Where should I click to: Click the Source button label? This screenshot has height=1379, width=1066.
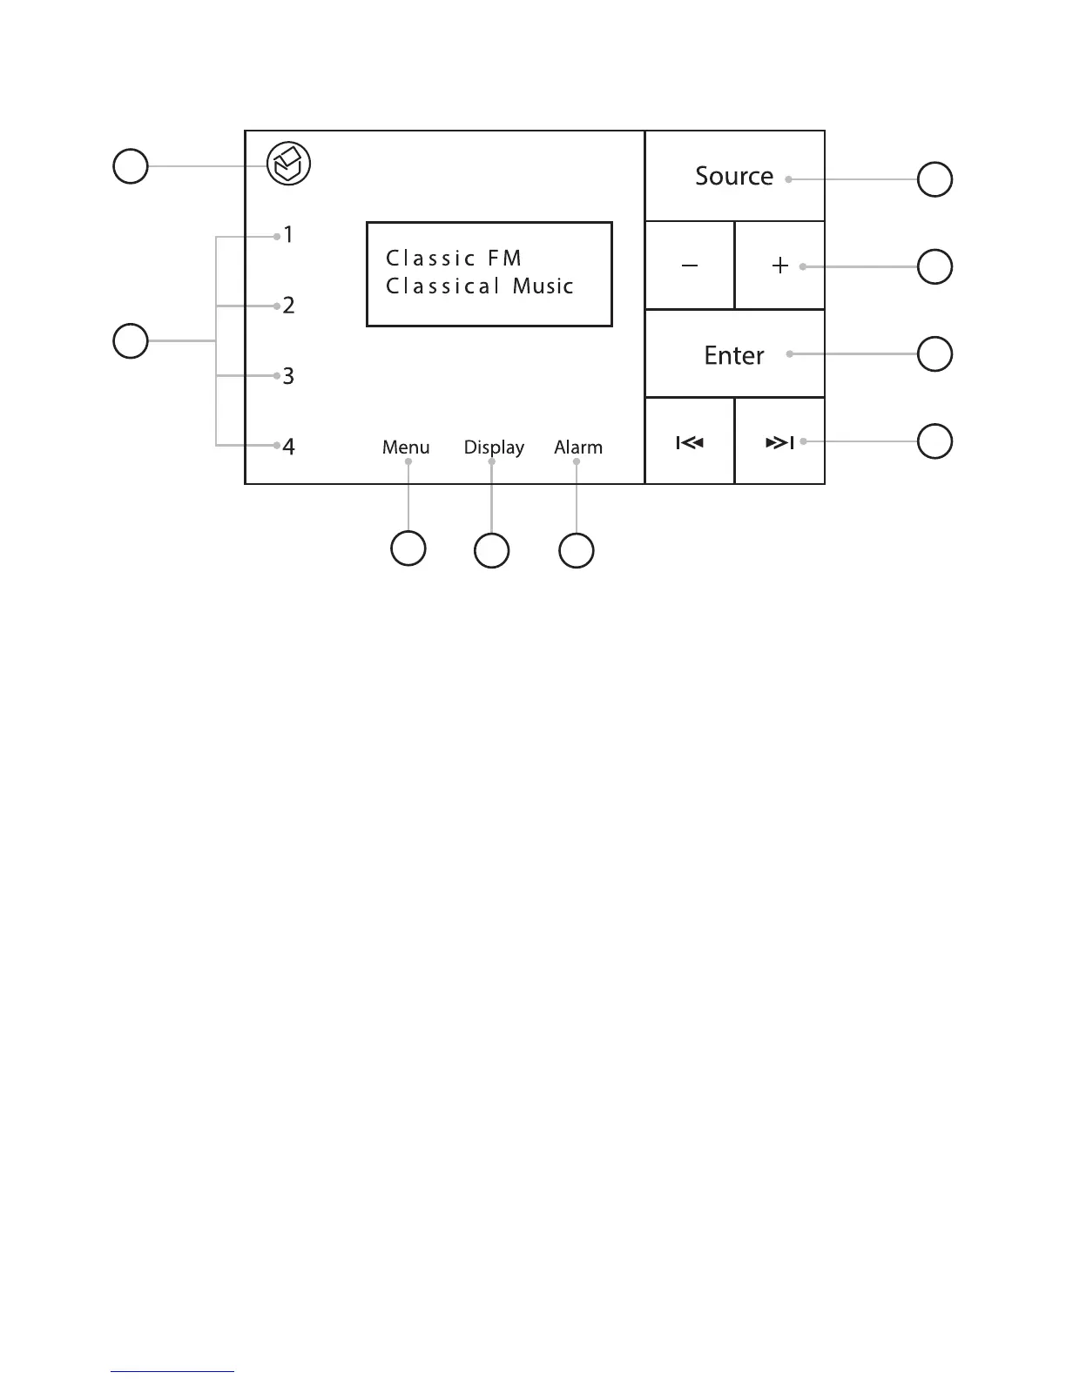click(x=733, y=177)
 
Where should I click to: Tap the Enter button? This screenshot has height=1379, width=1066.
click(x=733, y=355)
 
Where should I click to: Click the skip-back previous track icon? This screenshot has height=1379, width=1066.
click(x=690, y=443)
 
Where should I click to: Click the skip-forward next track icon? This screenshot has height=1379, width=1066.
click(x=779, y=443)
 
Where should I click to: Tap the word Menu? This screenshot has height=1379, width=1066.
click(x=406, y=447)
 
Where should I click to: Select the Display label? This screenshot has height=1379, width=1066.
click(x=494, y=447)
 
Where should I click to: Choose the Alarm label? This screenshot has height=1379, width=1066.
click(x=578, y=447)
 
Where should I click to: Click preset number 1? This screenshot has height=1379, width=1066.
click(x=288, y=235)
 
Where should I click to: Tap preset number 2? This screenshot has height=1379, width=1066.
click(x=288, y=306)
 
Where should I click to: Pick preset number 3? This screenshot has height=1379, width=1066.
click(x=288, y=376)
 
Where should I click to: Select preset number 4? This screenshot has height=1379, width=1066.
click(x=288, y=447)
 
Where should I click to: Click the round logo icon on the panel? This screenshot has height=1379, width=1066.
click(x=288, y=165)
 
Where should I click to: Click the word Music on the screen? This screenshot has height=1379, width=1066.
click(x=543, y=286)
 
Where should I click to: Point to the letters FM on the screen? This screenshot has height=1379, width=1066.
click(x=505, y=259)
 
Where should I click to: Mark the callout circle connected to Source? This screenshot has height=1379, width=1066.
click(x=934, y=179)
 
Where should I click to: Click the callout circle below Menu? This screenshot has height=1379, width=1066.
click(x=408, y=548)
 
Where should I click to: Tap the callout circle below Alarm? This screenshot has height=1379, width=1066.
click(x=576, y=550)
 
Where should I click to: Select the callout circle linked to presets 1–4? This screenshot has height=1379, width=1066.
click(x=131, y=340)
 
